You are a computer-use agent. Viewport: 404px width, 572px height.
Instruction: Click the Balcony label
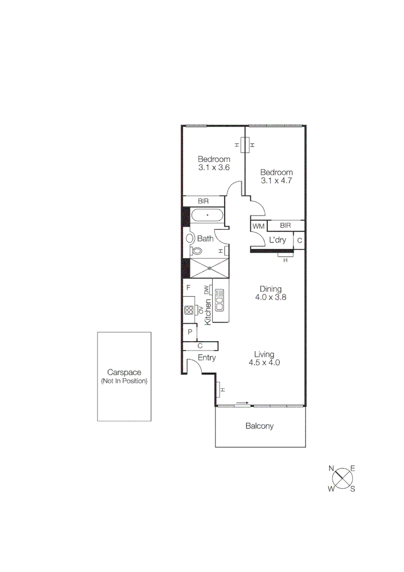[x=259, y=426]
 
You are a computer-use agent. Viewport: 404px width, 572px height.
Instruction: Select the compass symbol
[x=343, y=478]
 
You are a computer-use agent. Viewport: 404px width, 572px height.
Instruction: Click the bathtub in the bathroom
[x=207, y=215]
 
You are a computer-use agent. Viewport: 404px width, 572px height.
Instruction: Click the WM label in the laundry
[x=258, y=226]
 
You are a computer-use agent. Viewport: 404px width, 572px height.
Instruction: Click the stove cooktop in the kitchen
[x=189, y=310]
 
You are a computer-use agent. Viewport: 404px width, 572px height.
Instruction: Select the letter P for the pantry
[x=190, y=332]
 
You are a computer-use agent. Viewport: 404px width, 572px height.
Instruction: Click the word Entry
[x=207, y=358]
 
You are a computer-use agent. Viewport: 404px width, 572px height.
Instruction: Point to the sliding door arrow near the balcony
[x=242, y=403]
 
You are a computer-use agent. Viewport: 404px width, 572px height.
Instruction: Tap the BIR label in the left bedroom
[x=203, y=201]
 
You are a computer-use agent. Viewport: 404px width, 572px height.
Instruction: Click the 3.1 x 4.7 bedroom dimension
[x=276, y=181]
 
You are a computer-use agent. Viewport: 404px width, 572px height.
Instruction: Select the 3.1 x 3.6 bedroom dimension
[x=214, y=167]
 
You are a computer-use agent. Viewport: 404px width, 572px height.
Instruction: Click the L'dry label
[x=277, y=240]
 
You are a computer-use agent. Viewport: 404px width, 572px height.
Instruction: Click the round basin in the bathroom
[x=190, y=238]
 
